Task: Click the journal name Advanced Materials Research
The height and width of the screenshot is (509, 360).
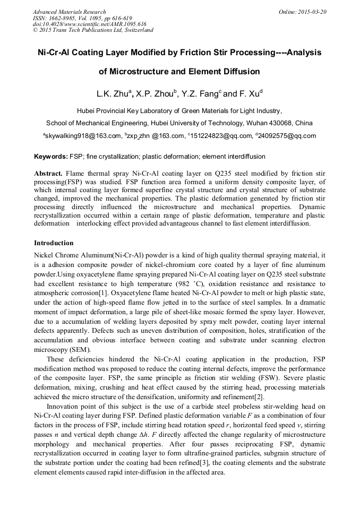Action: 69,12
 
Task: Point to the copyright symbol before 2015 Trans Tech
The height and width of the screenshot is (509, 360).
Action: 35,30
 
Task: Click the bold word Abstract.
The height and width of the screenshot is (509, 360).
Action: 48,174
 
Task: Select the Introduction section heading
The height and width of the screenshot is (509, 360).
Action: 54,243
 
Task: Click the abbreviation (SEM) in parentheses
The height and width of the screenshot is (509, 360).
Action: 79,349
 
